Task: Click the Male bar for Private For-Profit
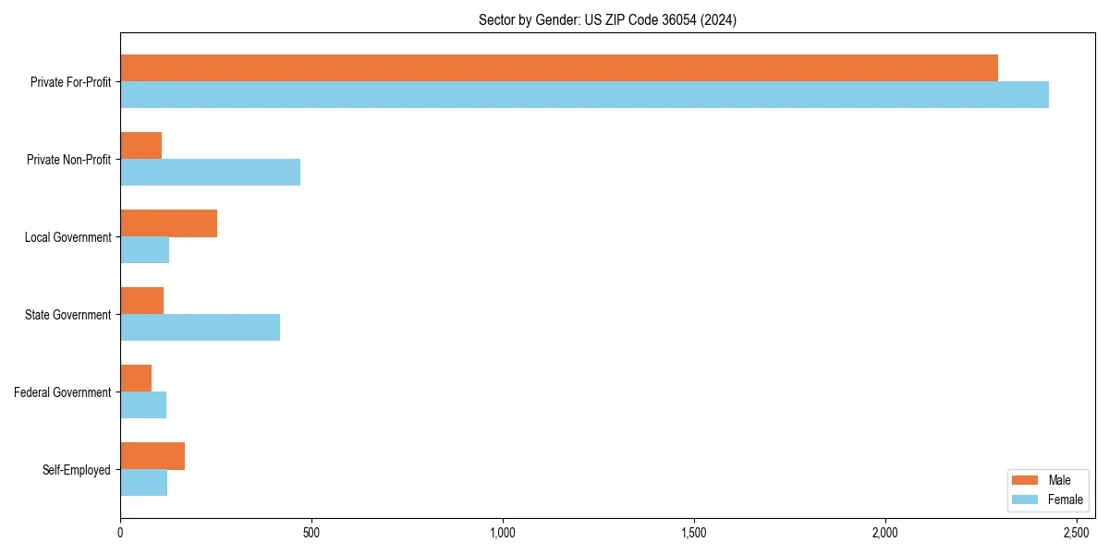pyautogui.click(x=559, y=68)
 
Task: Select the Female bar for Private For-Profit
pyautogui.click(x=584, y=95)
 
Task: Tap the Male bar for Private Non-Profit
pyautogui.click(x=141, y=146)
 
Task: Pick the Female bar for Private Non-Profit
pyautogui.click(x=211, y=173)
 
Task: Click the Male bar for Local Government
pyautogui.click(x=169, y=223)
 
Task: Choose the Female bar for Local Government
pyautogui.click(x=145, y=250)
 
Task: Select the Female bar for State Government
pyautogui.click(x=201, y=328)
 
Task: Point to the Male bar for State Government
pyautogui.click(x=142, y=301)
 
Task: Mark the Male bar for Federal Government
pyautogui.click(x=136, y=379)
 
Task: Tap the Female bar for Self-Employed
pyautogui.click(x=144, y=483)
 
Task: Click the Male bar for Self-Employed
pyautogui.click(x=152, y=456)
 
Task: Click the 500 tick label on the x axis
pyautogui.click(x=311, y=533)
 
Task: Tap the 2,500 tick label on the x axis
pyautogui.click(x=1077, y=533)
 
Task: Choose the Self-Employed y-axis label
pyautogui.click(x=77, y=470)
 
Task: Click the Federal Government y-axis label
pyautogui.click(x=63, y=392)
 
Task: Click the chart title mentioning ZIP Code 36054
pyautogui.click(x=607, y=19)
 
